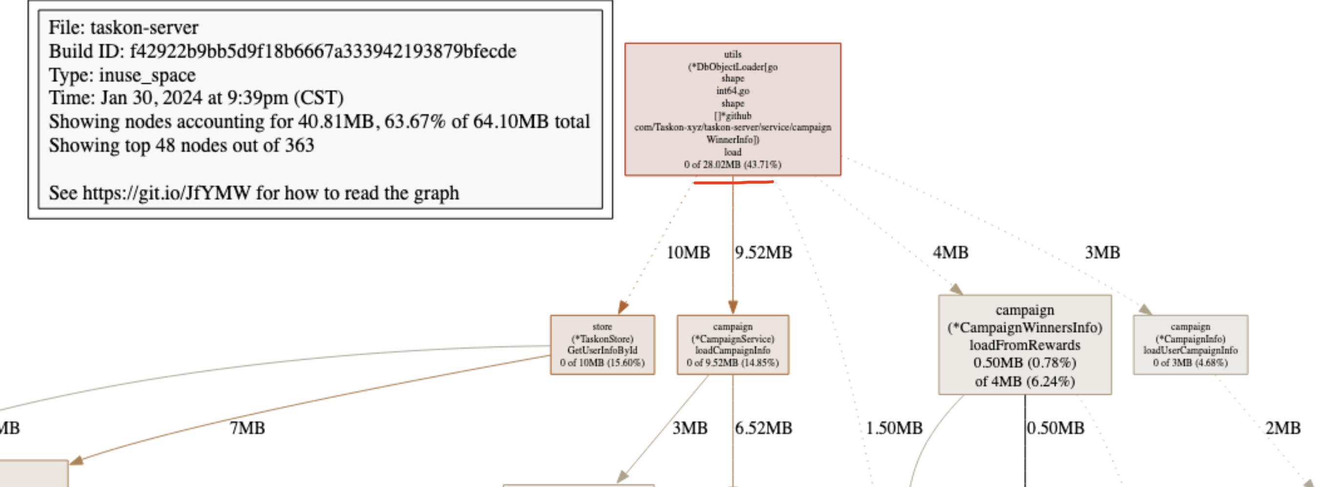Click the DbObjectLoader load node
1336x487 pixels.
(x=732, y=109)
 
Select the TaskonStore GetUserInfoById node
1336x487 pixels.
(x=602, y=345)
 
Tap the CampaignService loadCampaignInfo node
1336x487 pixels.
(x=732, y=345)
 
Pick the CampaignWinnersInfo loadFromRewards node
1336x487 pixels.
(x=1024, y=345)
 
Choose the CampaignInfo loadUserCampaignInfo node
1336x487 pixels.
(x=1190, y=345)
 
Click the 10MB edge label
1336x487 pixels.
(x=688, y=253)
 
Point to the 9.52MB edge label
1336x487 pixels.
(x=764, y=253)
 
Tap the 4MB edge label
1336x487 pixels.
(x=950, y=253)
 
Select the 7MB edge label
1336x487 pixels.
(x=247, y=428)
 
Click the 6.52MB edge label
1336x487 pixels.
(x=764, y=428)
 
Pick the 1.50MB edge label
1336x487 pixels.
(x=894, y=428)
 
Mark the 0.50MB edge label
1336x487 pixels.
(x=1055, y=428)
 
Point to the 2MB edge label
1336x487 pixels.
(x=1283, y=428)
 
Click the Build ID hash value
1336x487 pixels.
(x=323, y=51)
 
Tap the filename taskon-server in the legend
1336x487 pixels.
(x=144, y=27)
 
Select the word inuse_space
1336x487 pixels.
(x=147, y=75)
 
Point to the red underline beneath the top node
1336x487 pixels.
(x=732, y=182)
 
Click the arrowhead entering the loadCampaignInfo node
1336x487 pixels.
(x=733, y=307)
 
